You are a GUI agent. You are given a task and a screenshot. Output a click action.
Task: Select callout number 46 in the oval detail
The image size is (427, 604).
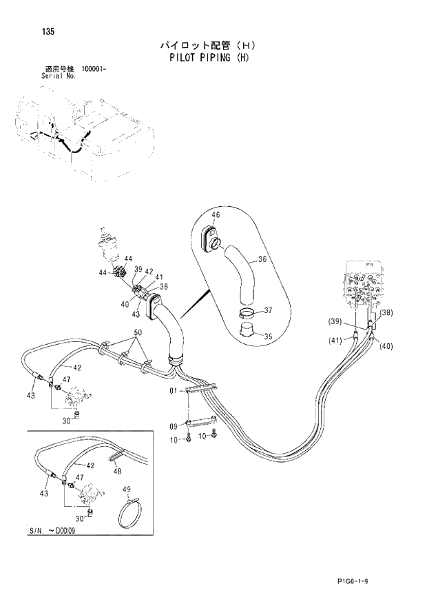(x=216, y=215)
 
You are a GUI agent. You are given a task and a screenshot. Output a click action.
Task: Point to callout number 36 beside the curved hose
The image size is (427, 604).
(x=262, y=260)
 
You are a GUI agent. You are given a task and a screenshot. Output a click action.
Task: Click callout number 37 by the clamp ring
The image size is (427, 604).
(x=268, y=310)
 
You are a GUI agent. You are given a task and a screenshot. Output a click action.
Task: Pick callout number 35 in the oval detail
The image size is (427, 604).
(x=268, y=337)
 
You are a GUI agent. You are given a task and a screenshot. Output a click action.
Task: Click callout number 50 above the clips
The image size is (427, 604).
(x=138, y=333)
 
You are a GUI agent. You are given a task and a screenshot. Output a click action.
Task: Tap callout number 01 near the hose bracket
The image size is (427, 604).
(x=175, y=392)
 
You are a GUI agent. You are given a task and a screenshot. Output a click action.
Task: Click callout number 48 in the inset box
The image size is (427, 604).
(x=117, y=472)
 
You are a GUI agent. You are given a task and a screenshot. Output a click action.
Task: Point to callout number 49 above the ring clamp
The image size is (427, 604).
(x=126, y=490)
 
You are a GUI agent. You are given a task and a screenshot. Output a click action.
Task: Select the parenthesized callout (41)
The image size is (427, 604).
(x=335, y=341)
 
